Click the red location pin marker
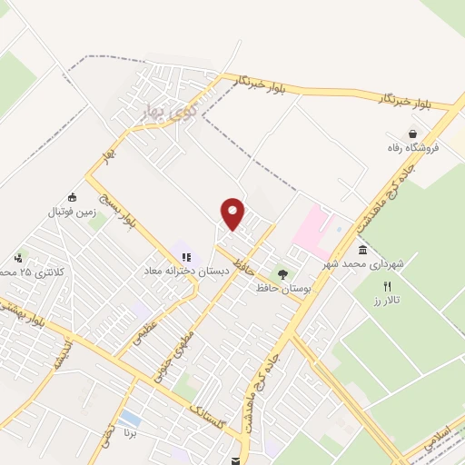[x=233, y=213]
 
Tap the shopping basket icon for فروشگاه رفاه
[x=412, y=133]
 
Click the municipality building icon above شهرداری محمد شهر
[x=363, y=250]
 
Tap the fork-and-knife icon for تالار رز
[x=388, y=285]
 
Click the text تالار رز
[x=391, y=300]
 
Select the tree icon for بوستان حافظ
[x=282, y=273]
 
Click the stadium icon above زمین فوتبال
[x=73, y=197]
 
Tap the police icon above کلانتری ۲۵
[x=18, y=258]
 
